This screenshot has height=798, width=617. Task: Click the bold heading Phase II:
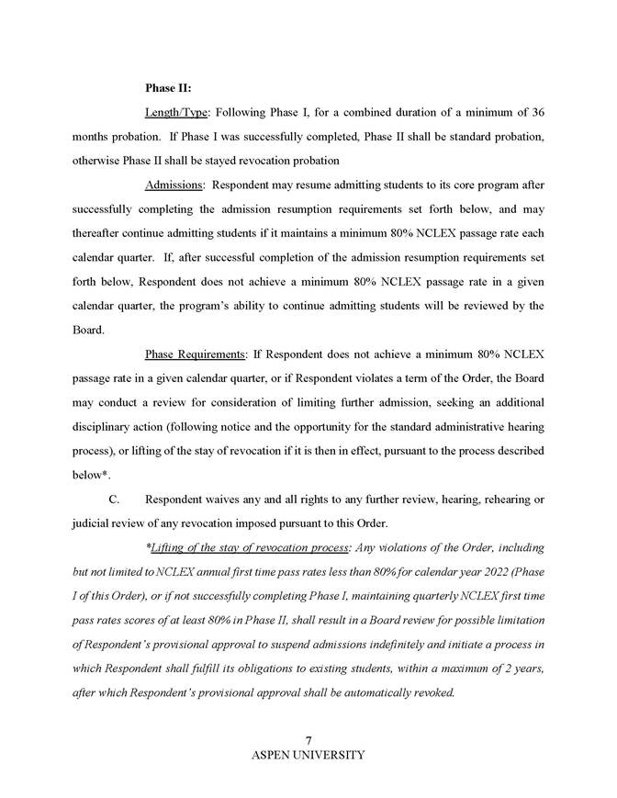tap(167, 88)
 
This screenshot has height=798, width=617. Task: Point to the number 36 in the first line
tap(539, 112)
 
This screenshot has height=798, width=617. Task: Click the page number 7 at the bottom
tap(308, 741)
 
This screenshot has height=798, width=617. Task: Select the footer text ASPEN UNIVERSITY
tap(308, 755)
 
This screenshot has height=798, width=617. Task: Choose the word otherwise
tap(98, 160)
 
